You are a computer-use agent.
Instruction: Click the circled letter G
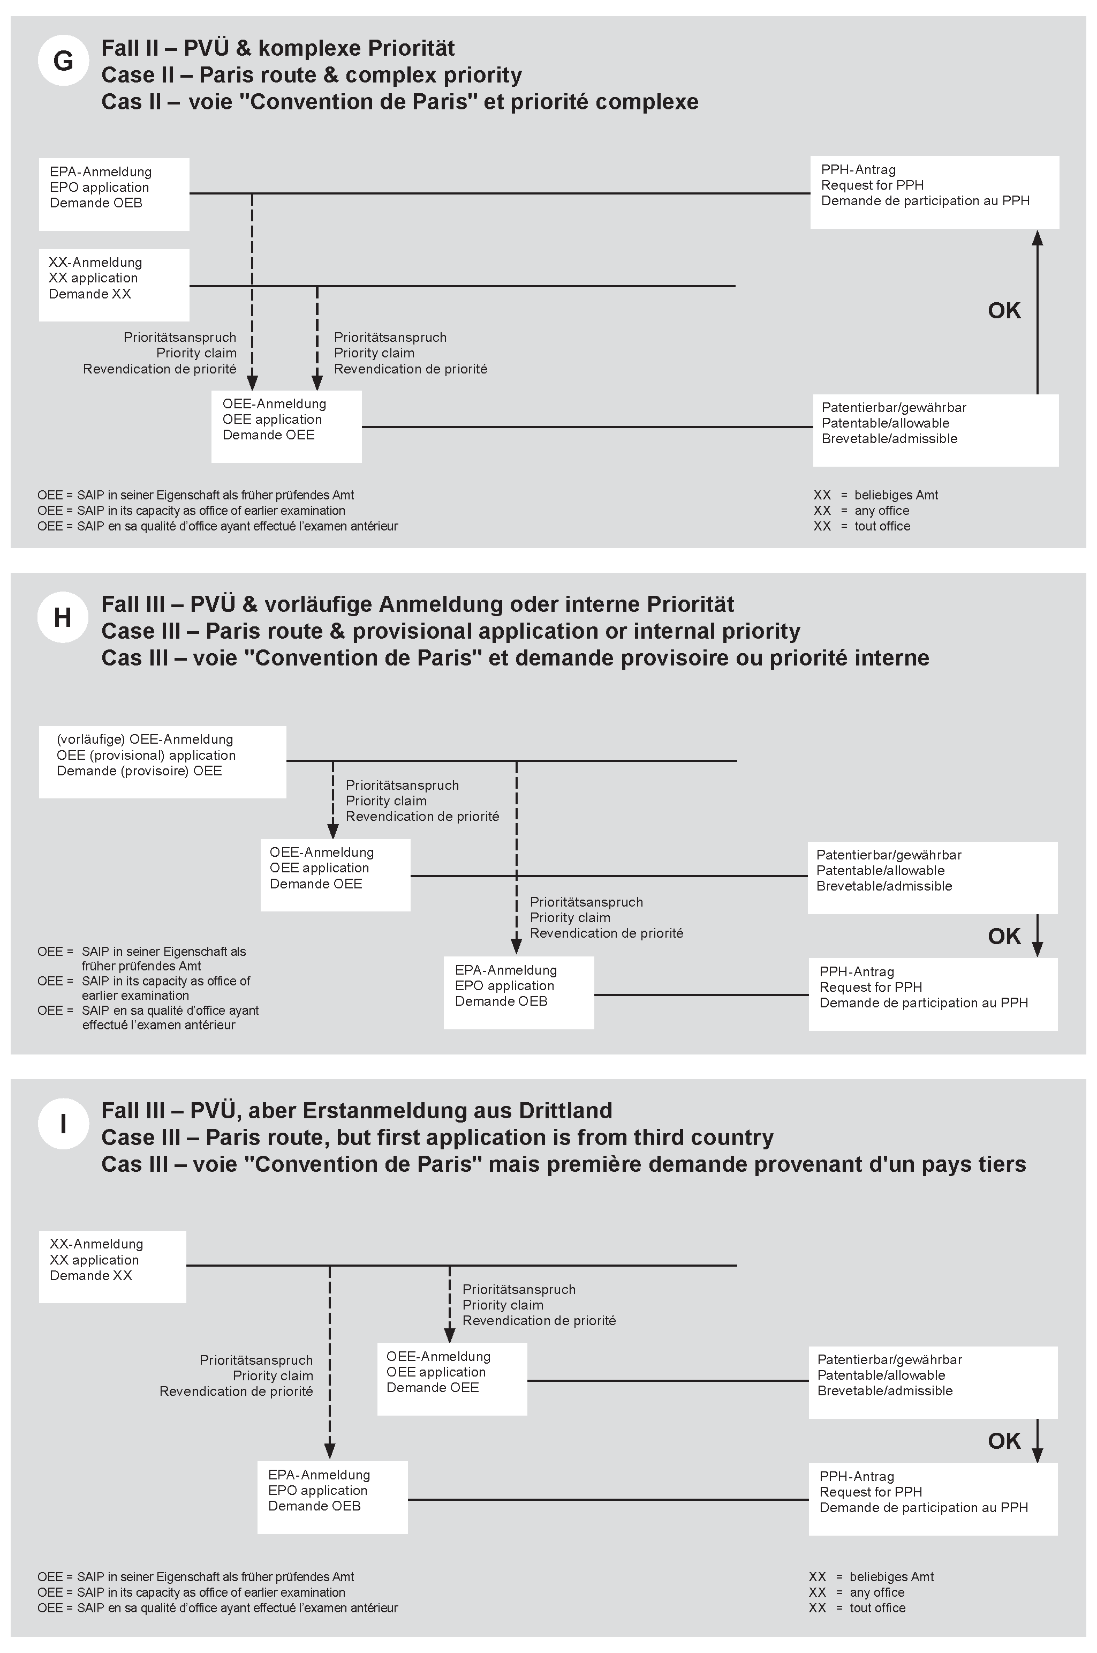(x=63, y=61)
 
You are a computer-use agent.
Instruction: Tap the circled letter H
(x=63, y=617)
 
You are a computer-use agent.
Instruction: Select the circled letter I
(x=63, y=1124)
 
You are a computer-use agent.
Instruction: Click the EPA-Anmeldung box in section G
(x=114, y=194)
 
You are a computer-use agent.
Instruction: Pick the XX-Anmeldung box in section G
(x=114, y=285)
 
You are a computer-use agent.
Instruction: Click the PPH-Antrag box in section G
(x=934, y=192)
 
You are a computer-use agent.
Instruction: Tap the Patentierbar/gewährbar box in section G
(x=935, y=430)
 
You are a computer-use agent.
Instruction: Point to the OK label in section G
(x=1004, y=311)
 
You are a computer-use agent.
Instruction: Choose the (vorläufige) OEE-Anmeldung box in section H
(x=162, y=762)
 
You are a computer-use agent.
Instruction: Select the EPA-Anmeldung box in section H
(x=518, y=992)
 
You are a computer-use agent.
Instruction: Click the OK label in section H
(x=1004, y=937)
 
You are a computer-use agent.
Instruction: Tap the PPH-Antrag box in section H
(x=933, y=993)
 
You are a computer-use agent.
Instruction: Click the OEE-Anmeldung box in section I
(x=452, y=1379)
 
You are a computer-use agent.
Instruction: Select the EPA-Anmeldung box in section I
(x=332, y=1497)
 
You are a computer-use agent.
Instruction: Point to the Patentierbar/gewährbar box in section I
(x=933, y=1382)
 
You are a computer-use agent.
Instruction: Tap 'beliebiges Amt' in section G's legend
(x=896, y=495)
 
